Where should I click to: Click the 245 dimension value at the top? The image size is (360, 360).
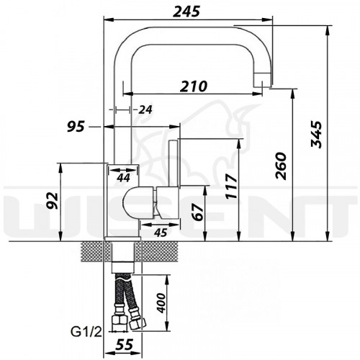pyautogui.click(x=186, y=12)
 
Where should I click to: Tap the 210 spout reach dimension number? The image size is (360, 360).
pyautogui.click(x=194, y=86)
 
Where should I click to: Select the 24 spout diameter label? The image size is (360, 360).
pyautogui.click(x=145, y=110)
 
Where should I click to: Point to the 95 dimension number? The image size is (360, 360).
pyautogui.click(x=76, y=127)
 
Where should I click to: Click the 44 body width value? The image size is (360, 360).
pyautogui.click(x=123, y=178)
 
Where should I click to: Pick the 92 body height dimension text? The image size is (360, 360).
pyautogui.click(x=53, y=200)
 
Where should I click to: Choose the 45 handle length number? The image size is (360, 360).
pyautogui.click(x=161, y=233)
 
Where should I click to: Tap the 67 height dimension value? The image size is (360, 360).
pyautogui.click(x=198, y=212)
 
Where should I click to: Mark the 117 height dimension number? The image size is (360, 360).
pyautogui.click(x=232, y=186)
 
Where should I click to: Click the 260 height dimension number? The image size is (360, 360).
pyautogui.click(x=281, y=166)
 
